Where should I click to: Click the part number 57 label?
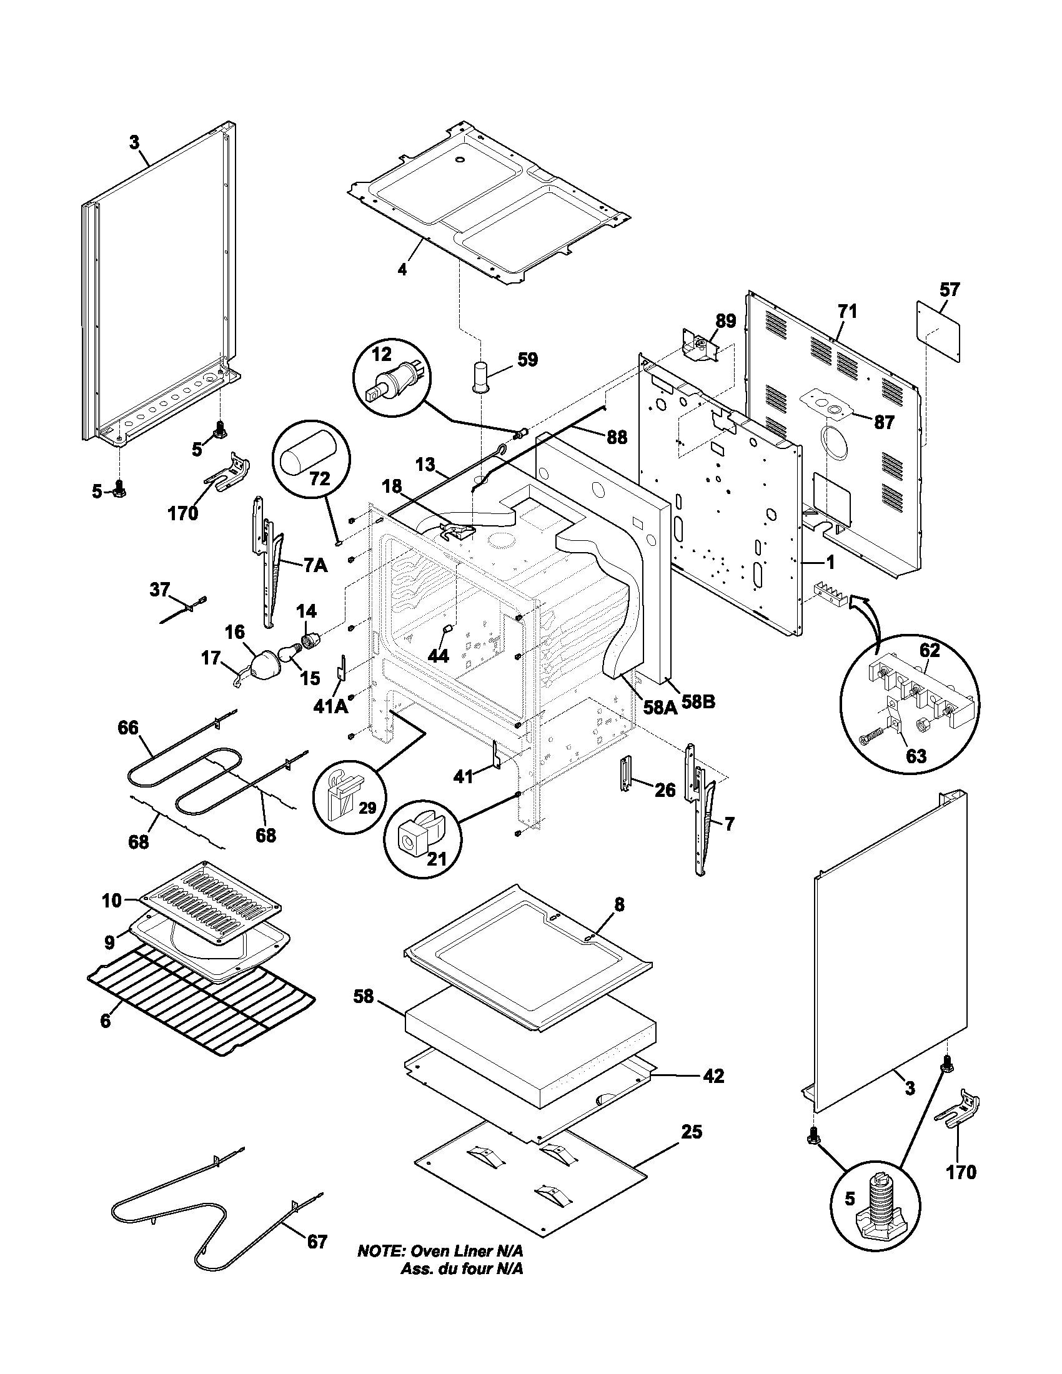tap(950, 290)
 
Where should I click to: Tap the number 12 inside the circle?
tap(381, 354)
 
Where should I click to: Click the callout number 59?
tap(527, 360)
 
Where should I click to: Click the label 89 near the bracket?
tap(725, 322)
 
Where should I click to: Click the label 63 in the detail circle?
tap(915, 756)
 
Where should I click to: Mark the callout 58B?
tap(698, 702)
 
